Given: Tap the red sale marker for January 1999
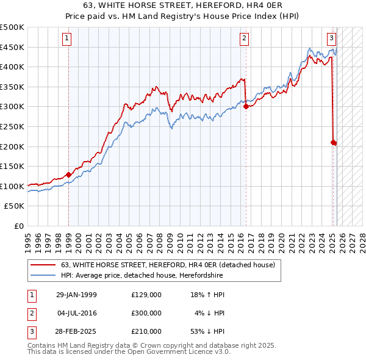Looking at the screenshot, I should tap(68, 175).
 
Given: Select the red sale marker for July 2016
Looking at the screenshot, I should tap(246, 106).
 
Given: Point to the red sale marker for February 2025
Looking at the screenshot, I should tap(333, 142).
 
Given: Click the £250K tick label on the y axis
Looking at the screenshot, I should tap(12, 126).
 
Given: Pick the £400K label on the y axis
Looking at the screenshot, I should tap(12, 67).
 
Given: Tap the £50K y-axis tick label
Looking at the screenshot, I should tap(15, 206).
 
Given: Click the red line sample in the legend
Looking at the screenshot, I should tap(42, 265).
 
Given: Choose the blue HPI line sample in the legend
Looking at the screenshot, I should tap(42, 275).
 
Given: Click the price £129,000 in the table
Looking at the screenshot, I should tap(146, 295).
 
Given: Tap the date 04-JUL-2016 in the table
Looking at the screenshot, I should tap(76, 313).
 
